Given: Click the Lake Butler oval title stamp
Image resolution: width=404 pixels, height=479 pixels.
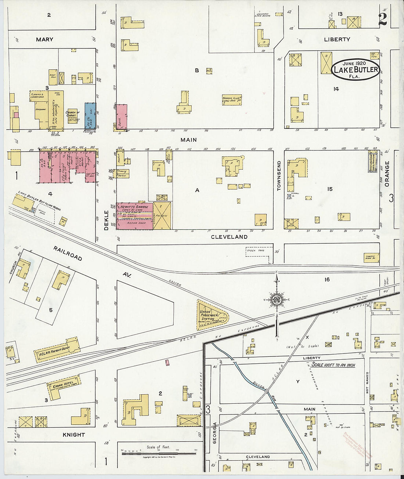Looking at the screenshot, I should click(356, 69).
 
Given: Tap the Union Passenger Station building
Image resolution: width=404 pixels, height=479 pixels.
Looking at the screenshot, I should click(211, 315).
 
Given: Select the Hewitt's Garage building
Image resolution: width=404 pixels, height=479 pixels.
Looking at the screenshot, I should click(134, 216).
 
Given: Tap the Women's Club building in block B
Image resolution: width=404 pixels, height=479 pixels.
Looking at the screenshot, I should click(232, 99).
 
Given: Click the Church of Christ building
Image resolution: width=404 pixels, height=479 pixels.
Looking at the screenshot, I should click(72, 116).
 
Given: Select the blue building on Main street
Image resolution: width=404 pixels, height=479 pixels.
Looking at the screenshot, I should click(90, 116).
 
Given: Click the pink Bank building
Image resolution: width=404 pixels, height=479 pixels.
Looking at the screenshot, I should click(122, 117).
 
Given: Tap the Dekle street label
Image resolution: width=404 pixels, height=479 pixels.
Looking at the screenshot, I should click(107, 220).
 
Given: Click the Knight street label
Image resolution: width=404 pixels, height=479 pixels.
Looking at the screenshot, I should click(74, 435).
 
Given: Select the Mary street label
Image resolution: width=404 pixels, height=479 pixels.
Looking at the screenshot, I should click(44, 39).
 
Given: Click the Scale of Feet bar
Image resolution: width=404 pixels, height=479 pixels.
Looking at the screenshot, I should click(159, 454).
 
